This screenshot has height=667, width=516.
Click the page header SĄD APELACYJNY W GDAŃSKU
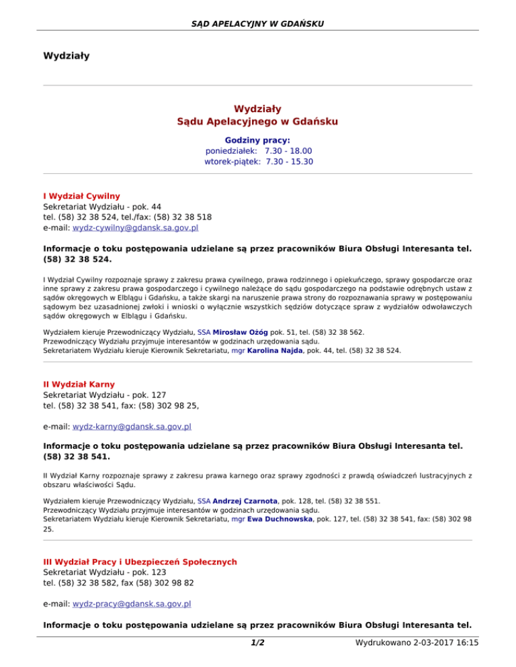pyautogui.click(x=257, y=24)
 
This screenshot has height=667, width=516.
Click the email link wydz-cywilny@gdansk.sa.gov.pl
pyautogui.click(x=135, y=228)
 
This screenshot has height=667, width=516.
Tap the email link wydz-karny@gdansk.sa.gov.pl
pyautogui.click(x=132, y=426)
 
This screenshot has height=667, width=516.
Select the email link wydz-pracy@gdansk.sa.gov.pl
pyautogui.click(x=132, y=603)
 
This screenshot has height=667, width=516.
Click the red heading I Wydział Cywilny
pyautogui.click(x=81, y=196)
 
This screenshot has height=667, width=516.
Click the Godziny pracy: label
pyautogui.click(x=257, y=140)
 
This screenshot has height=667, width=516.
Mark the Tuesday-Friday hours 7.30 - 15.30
pyautogui.click(x=289, y=162)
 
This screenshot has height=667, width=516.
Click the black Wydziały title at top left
pyautogui.click(x=67, y=54)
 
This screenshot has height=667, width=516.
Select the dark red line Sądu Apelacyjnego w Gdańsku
pyautogui.click(x=257, y=121)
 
